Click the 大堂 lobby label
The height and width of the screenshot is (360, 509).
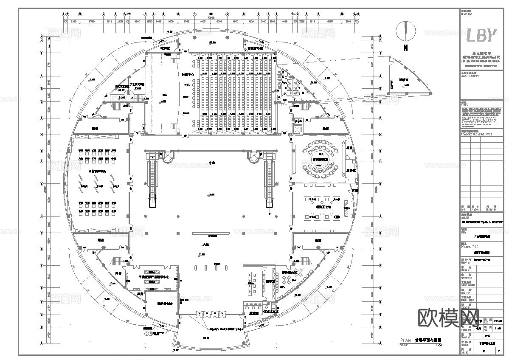coord(205,245)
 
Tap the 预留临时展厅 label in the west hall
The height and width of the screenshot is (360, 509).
coord(98,171)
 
